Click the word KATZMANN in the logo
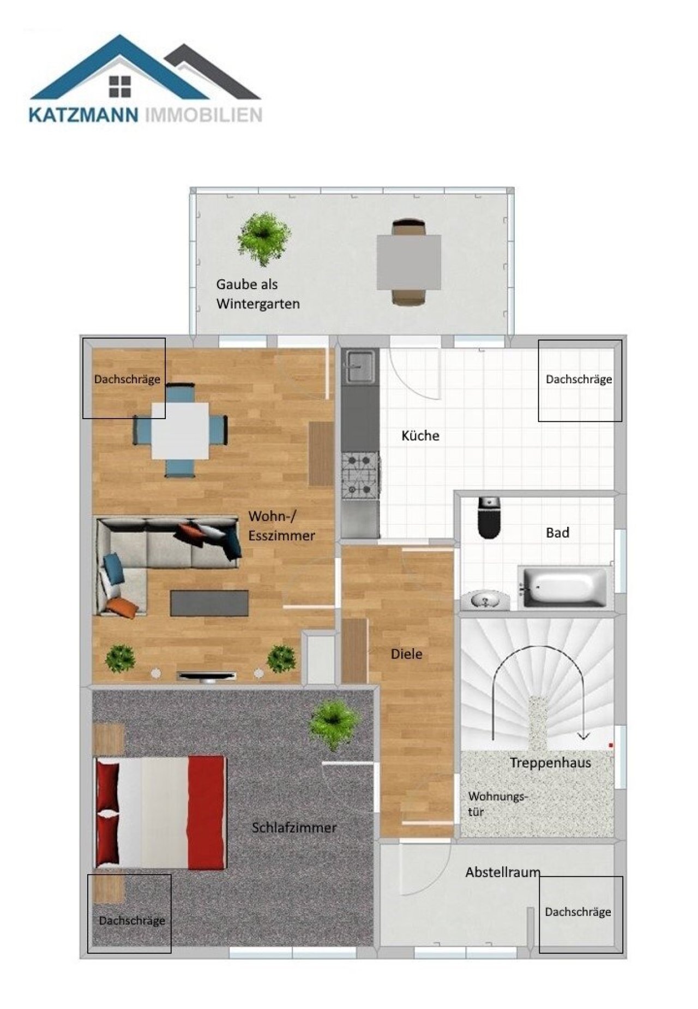[x=83, y=115]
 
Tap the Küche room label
[x=420, y=435]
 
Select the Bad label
[x=557, y=533]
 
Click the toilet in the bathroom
[x=489, y=518]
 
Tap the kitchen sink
[x=360, y=366]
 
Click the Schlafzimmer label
[x=294, y=827]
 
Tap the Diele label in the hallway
[x=406, y=654]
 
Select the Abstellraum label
[x=502, y=872]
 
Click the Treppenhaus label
[x=550, y=762]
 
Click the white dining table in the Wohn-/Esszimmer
[x=180, y=431]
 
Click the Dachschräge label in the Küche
[x=579, y=379]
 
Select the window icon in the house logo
[x=120, y=86]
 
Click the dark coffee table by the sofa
[x=209, y=603]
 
